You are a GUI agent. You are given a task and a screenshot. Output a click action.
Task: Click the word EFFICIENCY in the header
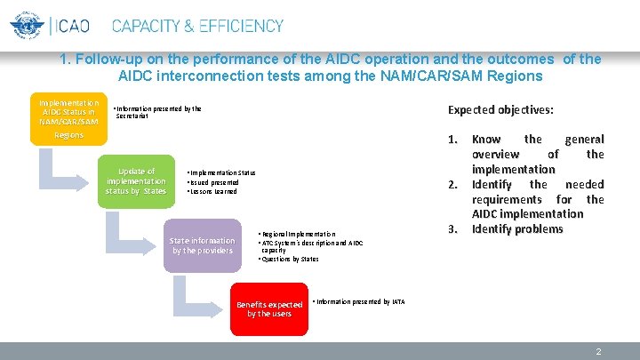234,26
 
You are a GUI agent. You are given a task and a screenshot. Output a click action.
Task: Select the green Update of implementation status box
136,180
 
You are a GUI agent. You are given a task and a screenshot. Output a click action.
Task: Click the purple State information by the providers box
203,245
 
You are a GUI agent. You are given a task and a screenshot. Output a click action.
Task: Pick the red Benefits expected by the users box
269,308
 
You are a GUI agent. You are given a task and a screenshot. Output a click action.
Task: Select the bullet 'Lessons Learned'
214,191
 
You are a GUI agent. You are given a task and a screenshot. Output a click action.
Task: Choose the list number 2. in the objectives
452,184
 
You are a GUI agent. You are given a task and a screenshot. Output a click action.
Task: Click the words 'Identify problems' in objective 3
517,229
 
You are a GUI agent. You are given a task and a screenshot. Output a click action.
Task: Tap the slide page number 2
598,352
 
